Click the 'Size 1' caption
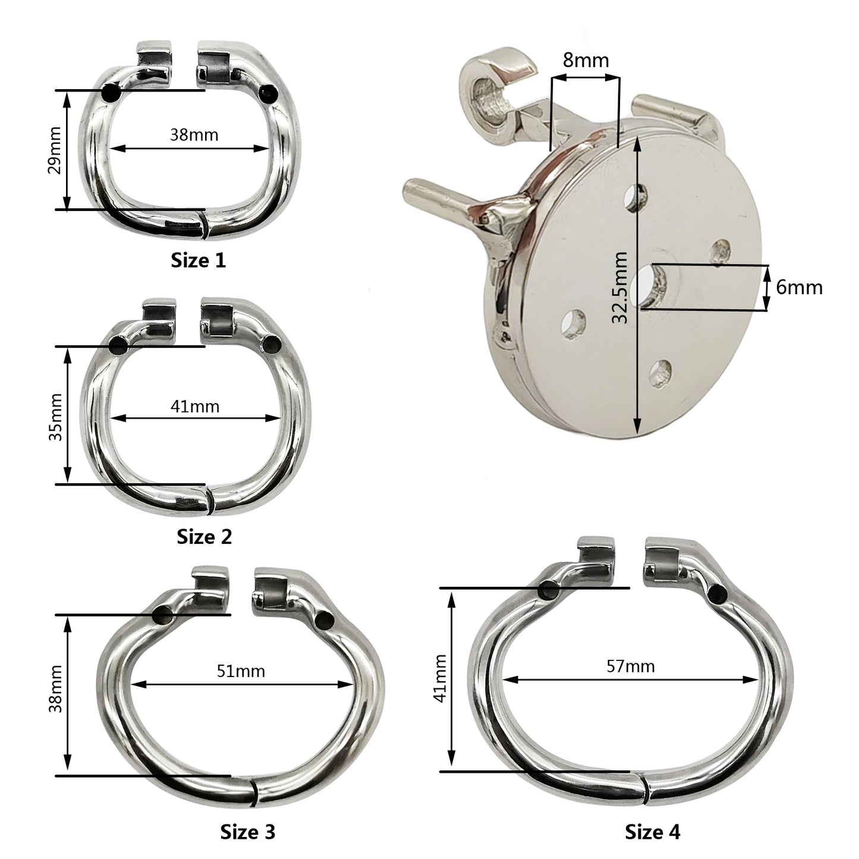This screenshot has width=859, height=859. click(x=199, y=261)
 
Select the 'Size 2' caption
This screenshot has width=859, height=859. click(x=204, y=537)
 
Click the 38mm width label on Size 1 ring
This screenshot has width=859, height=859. click(x=194, y=134)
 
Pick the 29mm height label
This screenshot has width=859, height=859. click(x=55, y=150)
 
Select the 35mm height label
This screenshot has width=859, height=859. click(x=55, y=417)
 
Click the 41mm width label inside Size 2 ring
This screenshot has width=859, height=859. click(x=195, y=407)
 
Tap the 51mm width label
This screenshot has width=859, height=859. click(x=241, y=671)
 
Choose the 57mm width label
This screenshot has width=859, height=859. click(x=631, y=666)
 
